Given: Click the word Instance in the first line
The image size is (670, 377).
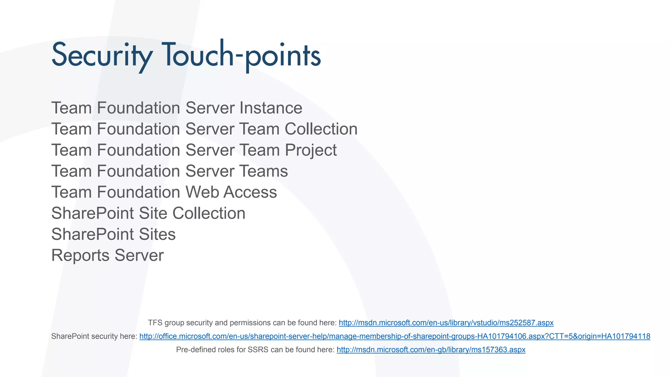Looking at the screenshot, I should pos(271,108).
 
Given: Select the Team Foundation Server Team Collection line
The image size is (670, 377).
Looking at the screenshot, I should pos(204,129).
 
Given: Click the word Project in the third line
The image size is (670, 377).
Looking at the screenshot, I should pos(310,150).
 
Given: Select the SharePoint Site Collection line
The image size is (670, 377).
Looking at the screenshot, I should pos(148,213).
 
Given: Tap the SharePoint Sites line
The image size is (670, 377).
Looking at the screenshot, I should pos(113,234).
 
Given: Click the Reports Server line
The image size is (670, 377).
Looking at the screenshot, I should pos(107,255).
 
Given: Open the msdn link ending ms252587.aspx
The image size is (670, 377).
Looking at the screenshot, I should pos(446,323).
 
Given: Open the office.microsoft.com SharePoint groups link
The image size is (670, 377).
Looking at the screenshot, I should pos(395,336).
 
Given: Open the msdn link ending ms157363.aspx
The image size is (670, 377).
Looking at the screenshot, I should pos(431,350).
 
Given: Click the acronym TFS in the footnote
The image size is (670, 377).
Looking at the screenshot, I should pos(155,323).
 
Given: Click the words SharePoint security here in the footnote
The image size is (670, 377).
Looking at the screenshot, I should pos(94,336).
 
